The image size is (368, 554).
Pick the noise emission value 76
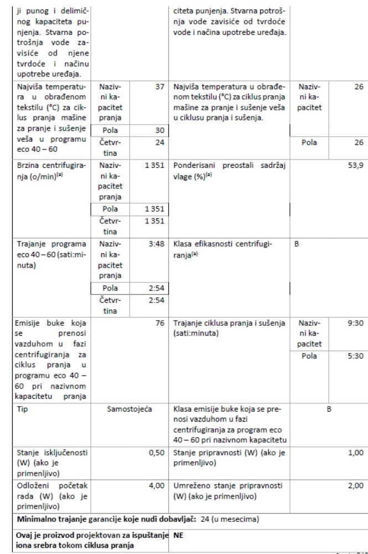click(x=161, y=322)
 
